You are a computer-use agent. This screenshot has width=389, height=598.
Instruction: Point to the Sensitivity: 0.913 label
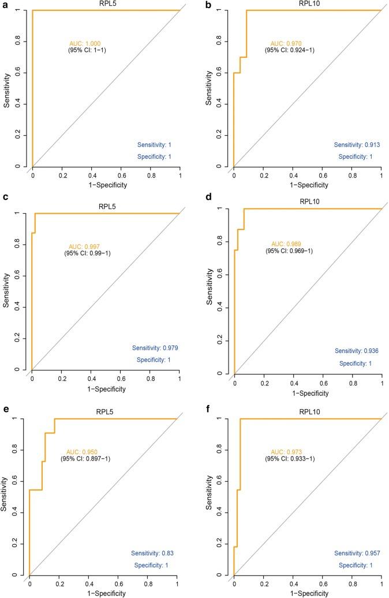[x=357, y=144]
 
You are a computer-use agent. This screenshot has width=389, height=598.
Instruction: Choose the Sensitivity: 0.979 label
[x=156, y=348]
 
